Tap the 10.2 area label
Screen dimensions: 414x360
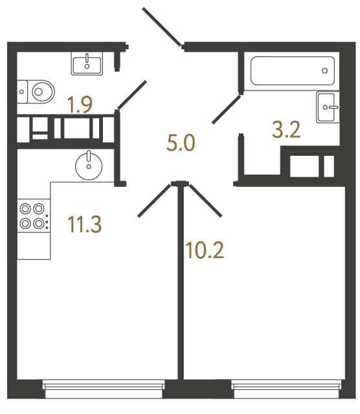(x=204, y=250)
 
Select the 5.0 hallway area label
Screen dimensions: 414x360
(x=181, y=143)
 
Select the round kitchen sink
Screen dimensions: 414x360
(x=87, y=166)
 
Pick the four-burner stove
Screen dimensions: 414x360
(x=32, y=217)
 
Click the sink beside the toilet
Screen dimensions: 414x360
(x=86, y=63)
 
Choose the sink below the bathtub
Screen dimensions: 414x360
(x=327, y=106)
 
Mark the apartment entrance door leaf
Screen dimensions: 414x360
(x=161, y=26)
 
